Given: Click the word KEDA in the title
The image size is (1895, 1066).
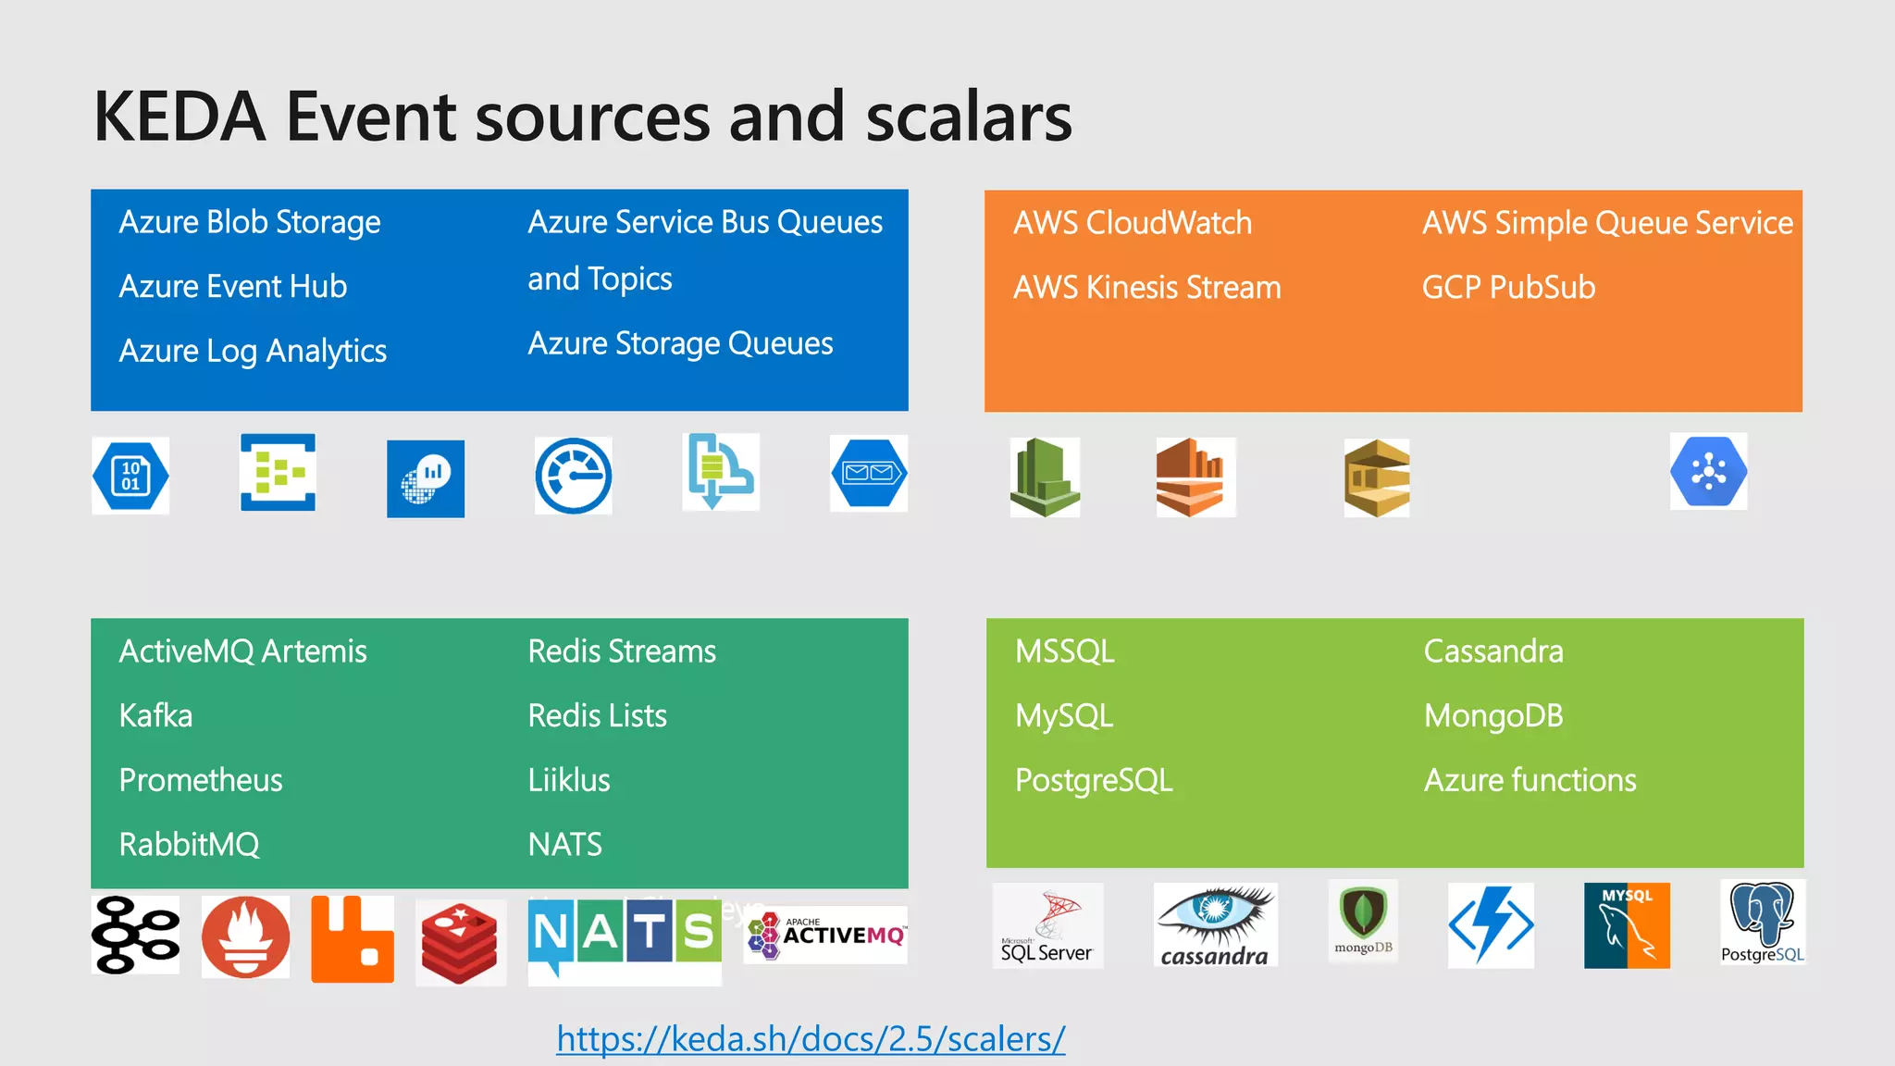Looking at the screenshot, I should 180,118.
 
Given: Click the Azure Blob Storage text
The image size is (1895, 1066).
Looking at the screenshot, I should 250,222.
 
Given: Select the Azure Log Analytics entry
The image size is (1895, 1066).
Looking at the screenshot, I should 253,352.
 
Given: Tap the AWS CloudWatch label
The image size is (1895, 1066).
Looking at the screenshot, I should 1133,223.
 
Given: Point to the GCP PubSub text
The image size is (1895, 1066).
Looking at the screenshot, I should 1508,288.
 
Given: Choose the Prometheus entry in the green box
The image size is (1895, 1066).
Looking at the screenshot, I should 201,780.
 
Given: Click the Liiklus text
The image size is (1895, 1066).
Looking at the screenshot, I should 569,780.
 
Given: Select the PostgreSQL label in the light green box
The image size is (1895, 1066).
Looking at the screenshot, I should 1094,780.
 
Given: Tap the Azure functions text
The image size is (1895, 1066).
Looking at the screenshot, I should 1530,780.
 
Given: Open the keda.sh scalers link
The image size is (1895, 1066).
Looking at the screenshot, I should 811,1039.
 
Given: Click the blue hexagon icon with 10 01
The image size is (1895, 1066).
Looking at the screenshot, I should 130,476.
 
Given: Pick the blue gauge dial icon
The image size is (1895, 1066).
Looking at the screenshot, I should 574,476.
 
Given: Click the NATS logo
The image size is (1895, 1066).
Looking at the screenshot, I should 625,935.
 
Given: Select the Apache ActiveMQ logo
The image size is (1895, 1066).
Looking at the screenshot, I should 825,935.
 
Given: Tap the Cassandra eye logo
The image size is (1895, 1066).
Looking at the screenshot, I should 1215,925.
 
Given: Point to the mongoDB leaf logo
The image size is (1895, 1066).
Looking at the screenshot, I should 1363,921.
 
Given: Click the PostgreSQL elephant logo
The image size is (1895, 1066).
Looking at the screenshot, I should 1762,923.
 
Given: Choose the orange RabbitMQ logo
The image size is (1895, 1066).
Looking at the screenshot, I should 352,938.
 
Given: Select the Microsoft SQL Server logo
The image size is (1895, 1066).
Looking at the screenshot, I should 1047,925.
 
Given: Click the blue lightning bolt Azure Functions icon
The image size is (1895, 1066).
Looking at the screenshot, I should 1491,925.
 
